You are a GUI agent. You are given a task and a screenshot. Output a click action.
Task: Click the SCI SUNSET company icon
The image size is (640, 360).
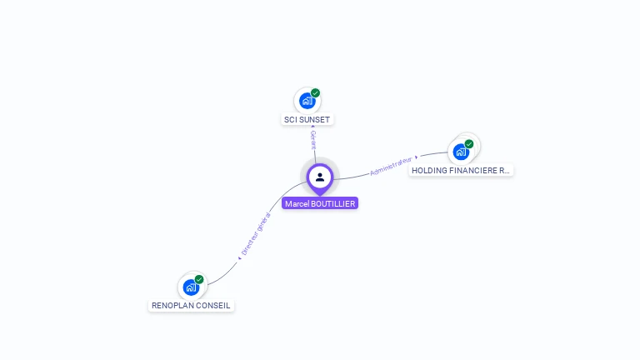[307, 102]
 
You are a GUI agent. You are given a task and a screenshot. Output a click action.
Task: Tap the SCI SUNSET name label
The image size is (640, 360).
[307, 120]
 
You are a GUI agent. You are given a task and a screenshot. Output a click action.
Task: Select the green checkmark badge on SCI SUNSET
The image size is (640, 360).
[316, 93]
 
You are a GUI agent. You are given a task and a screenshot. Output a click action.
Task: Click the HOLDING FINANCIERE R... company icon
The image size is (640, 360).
[461, 152]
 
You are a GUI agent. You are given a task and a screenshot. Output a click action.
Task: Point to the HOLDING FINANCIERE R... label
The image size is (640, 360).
[461, 170]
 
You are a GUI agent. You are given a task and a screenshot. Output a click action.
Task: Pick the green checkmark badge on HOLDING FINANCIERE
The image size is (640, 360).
[469, 144]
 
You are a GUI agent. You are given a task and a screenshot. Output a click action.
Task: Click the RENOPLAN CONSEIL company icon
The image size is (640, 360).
[191, 287]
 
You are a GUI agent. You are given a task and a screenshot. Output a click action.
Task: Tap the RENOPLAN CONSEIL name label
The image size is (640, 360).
[191, 306]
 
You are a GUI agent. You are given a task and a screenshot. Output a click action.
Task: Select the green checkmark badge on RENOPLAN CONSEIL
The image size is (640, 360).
[199, 279]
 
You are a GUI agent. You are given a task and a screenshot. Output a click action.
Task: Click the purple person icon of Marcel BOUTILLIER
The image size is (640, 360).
[320, 177]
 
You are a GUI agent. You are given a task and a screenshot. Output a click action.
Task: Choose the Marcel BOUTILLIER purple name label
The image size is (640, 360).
[320, 203]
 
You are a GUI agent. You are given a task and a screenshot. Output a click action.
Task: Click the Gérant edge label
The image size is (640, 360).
[313, 139]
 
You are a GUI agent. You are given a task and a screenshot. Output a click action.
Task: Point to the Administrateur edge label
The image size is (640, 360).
[391, 165]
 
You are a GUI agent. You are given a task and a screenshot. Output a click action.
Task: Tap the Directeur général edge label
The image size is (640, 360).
[256, 234]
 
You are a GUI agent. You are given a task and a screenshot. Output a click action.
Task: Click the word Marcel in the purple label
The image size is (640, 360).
[295, 203]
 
